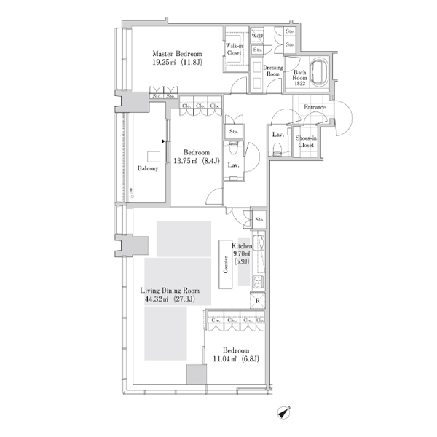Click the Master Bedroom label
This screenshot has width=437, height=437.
[177, 54]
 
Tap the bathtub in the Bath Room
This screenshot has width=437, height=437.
[320, 71]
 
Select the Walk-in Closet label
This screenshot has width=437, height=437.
[234, 49]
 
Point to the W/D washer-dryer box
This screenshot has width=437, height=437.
[256, 36]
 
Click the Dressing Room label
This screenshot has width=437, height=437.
[273, 71]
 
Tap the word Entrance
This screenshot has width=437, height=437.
[315, 107]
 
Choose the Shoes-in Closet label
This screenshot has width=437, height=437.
[306, 141]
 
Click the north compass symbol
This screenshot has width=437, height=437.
[284, 412]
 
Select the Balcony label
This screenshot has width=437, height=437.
[148, 168]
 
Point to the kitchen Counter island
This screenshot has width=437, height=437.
[226, 264]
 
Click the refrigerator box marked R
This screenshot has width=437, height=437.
[257, 300]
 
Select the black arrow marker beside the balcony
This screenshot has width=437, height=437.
[163, 141]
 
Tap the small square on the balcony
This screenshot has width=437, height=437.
[154, 157]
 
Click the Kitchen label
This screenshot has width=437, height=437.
[242, 246]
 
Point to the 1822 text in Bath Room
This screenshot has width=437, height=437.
[299, 83]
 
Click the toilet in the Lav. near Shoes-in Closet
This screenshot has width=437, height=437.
[277, 148]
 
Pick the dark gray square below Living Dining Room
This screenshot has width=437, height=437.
[197, 374]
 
